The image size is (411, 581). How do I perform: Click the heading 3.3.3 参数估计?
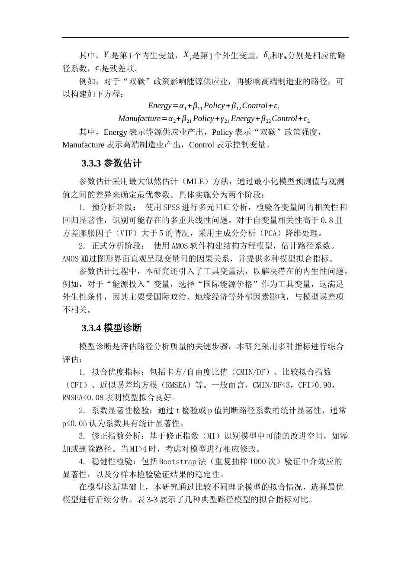tap(112, 164)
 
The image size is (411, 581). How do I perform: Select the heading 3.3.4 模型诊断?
tap(112, 328)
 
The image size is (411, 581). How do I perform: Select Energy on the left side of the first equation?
tap(160, 106)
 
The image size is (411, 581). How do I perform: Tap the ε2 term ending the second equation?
tap(306, 119)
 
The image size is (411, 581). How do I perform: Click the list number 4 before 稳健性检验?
tap(81, 462)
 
